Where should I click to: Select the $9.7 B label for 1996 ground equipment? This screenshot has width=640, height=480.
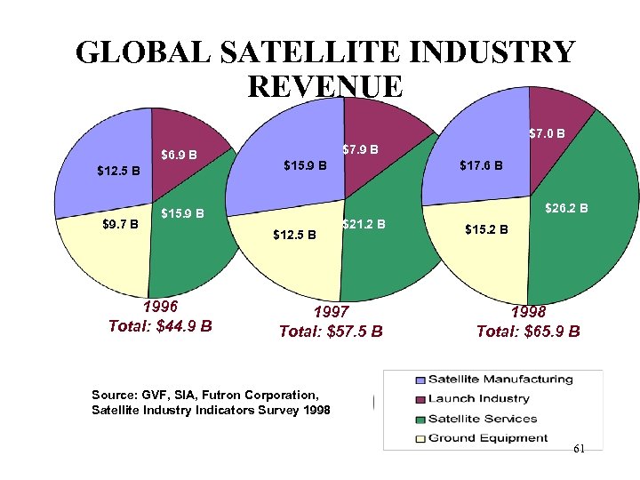(x=120, y=224)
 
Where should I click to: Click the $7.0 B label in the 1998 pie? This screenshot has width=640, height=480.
(x=548, y=134)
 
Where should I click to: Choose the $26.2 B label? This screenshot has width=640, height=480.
(x=566, y=209)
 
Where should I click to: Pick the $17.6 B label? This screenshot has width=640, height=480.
(x=481, y=165)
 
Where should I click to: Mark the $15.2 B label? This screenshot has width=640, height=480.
(x=487, y=229)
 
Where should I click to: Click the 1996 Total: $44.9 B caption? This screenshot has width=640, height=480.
(x=160, y=316)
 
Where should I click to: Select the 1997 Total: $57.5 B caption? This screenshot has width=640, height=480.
(x=331, y=323)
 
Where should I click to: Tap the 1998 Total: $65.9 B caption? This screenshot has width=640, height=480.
(x=528, y=323)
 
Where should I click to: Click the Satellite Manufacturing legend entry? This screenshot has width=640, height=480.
(x=500, y=380)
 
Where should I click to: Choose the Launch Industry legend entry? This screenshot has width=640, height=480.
(x=478, y=399)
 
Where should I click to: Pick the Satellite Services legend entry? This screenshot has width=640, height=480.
(x=482, y=419)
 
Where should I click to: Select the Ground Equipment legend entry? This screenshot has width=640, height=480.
(x=487, y=438)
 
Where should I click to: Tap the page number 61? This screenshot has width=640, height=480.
(x=579, y=449)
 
